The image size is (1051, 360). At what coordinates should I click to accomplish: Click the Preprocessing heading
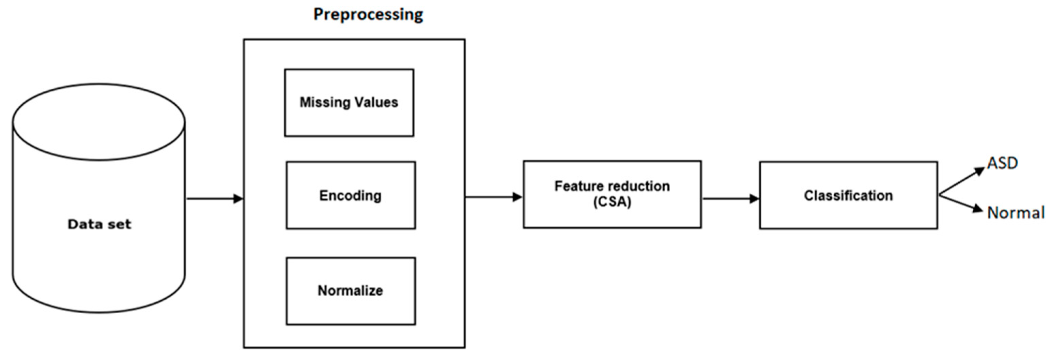point(368,15)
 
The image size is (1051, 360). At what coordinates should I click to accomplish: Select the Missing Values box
point(349,103)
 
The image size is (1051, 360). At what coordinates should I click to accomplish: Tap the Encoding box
point(351,195)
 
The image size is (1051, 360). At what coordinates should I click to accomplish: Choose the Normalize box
point(351,290)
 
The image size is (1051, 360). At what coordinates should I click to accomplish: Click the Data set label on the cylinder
point(99,224)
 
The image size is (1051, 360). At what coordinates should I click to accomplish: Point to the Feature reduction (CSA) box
point(612,194)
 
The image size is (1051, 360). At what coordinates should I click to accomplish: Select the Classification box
point(848,195)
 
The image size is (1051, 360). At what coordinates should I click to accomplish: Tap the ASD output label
point(1002,163)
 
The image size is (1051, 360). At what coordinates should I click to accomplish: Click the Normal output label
point(1016,213)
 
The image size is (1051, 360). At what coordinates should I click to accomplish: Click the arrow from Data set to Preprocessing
point(214,199)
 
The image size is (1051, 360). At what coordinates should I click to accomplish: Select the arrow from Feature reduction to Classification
point(730,199)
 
